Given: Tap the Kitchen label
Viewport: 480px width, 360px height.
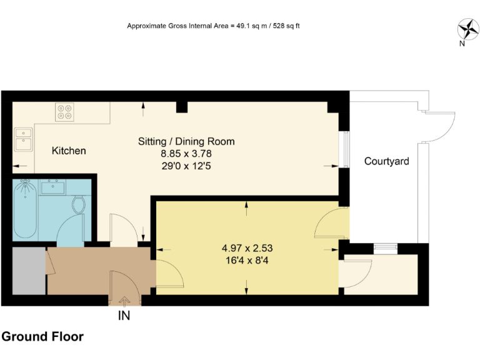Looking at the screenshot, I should [x=69, y=151].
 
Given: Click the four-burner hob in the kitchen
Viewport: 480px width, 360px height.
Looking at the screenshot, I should [x=64, y=111].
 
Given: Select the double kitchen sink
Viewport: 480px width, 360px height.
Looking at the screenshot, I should [x=24, y=140].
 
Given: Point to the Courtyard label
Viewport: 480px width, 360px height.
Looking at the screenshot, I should [x=387, y=162].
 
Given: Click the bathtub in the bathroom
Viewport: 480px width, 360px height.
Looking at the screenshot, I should [x=25, y=209].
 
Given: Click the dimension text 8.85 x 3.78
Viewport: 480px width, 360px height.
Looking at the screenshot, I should [x=186, y=154].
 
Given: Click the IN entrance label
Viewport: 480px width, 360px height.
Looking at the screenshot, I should [x=124, y=316].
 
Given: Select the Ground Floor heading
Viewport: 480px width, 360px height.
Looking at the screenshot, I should [x=42, y=337].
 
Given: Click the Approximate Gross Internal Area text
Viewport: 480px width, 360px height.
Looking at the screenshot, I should [x=213, y=26].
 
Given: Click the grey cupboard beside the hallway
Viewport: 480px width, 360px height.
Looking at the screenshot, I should [x=29, y=271].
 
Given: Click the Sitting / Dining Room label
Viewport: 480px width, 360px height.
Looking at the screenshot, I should [x=186, y=141].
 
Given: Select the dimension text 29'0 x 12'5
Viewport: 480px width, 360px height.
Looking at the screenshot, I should [x=186, y=166].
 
